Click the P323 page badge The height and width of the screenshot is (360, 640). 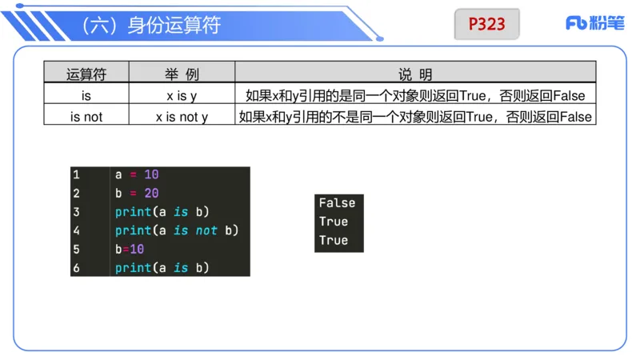pyautogui.click(x=486, y=24)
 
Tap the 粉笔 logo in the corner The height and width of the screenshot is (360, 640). pyautogui.click(x=594, y=23)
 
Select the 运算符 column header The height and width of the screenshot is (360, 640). pyautogui.click(x=86, y=74)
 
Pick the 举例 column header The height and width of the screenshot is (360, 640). pyautogui.click(x=182, y=74)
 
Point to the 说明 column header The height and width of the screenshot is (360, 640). pyautogui.click(x=415, y=74)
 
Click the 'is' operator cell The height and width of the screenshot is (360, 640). pyautogui.click(x=86, y=96)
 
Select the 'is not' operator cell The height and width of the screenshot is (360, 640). pyautogui.click(x=86, y=117)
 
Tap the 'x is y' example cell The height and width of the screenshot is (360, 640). pyautogui.click(x=182, y=96)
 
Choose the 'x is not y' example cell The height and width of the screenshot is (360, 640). pyautogui.click(x=182, y=117)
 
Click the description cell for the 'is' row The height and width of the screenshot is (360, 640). pyautogui.click(x=415, y=96)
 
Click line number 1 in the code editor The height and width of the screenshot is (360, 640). pyautogui.click(x=76, y=174)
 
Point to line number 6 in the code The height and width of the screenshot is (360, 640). pyautogui.click(x=76, y=268)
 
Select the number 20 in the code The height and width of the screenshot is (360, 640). pyautogui.click(x=152, y=194)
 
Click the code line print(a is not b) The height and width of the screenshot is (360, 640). pyautogui.click(x=177, y=230)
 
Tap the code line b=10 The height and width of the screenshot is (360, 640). pyautogui.click(x=130, y=250)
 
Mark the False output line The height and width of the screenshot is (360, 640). pyautogui.click(x=337, y=203)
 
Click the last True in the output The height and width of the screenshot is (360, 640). pyautogui.click(x=334, y=240)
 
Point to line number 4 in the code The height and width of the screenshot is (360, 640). pyautogui.click(x=76, y=230)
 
